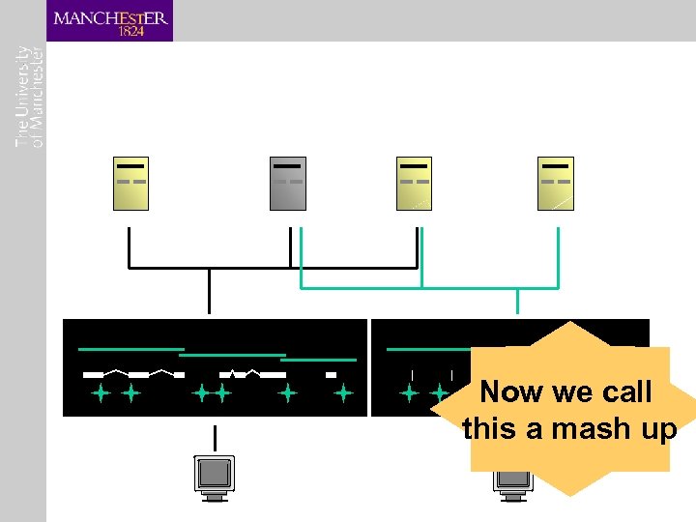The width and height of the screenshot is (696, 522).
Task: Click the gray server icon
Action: click(288, 183)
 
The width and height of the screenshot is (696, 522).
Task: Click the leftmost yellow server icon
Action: click(130, 183)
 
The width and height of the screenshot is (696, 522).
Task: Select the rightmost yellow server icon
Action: click(556, 183)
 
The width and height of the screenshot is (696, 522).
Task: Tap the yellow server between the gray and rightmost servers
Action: click(415, 183)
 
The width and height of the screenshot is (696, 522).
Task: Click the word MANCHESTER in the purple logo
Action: click(110, 17)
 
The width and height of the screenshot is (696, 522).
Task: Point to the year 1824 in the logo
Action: click(130, 31)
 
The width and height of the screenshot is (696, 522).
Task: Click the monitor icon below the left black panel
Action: click(215, 476)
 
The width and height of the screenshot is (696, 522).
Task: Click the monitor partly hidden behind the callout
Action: click(511, 481)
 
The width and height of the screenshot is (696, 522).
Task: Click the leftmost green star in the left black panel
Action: click(100, 393)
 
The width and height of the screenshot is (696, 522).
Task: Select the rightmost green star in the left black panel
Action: click(343, 393)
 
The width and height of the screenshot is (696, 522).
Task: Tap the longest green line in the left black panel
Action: click(130, 348)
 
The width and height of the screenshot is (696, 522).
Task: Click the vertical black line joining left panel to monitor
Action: click(215, 436)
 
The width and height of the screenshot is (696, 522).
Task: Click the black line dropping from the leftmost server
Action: click(129, 247)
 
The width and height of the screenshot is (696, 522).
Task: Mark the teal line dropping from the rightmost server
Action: click(558, 257)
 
